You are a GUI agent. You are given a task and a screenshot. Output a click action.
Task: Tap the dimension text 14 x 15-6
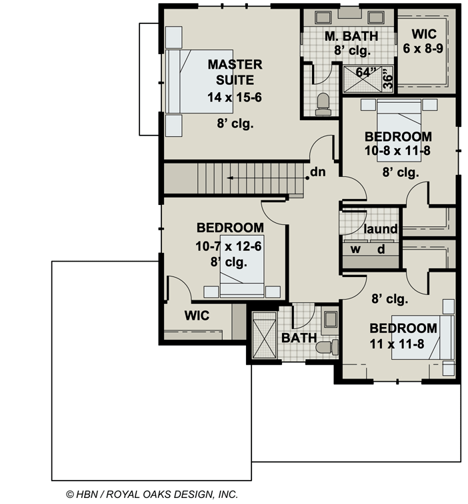pyautogui.click(x=235, y=97)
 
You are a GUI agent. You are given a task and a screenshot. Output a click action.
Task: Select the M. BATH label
pyautogui.click(x=351, y=36)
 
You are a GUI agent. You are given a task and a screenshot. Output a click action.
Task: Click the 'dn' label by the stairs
pyautogui.click(x=318, y=173)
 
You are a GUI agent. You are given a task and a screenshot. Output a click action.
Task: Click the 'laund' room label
pyautogui.click(x=381, y=230)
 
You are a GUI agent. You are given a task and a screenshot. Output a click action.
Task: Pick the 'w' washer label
pyautogui.click(x=356, y=250)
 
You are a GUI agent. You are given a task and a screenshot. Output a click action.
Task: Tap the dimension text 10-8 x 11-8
pyautogui.click(x=397, y=151)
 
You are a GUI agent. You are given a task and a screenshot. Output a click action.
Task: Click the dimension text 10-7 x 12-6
pyautogui.click(x=228, y=247)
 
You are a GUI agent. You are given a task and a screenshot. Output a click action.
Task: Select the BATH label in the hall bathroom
pyautogui.click(x=298, y=338)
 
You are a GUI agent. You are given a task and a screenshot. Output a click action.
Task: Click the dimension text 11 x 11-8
pyautogui.click(x=403, y=345)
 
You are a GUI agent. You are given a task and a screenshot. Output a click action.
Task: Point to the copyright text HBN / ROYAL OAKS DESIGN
pyautogui.click(x=151, y=495)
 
